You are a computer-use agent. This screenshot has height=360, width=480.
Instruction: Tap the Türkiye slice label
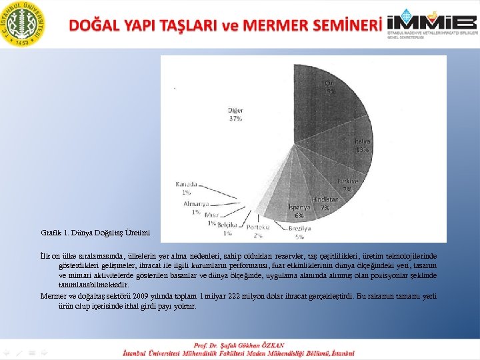coord(347,185)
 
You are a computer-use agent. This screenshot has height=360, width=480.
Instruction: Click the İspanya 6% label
coord(299,211)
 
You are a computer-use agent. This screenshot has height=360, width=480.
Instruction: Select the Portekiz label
coord(257,231)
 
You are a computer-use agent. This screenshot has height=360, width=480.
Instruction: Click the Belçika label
coord(228,229)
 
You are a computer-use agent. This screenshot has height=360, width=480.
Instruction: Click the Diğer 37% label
coord(235,114)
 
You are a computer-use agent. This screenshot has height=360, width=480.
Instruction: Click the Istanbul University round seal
coord(24,23)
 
